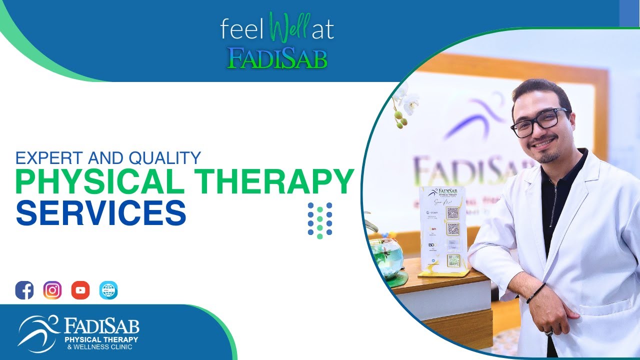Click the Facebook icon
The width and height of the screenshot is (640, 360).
tap(24, 290)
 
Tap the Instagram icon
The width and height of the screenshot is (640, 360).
tap(52, 290)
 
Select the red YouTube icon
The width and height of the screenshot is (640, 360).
tap(80, 290)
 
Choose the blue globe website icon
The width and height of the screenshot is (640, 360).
tap(108, 290)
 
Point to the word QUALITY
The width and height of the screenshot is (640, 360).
tap(164, 158)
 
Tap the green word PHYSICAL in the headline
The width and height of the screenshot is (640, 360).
tap(100, 182)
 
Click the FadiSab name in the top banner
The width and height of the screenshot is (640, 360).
tap(277, 58)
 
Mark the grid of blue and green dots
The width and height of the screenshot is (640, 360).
tap(320, 220)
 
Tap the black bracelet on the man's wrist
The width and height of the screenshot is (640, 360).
tap(535, 292)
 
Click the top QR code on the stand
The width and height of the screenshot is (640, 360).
tap(452, 213)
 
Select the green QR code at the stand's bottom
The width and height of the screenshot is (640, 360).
tap(453, 260)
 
